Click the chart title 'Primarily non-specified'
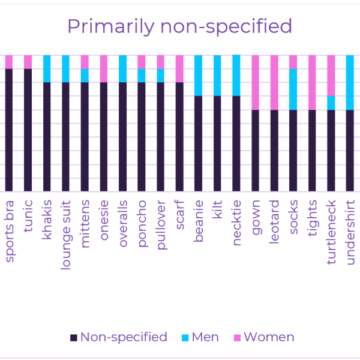pyautogui.click(x=180, y=26)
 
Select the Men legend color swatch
pyautogui.click(x=185, y=338)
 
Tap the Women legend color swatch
pyautogui.click(x=237, y=338)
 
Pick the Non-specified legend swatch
pyautogui.click(x=73, y=338)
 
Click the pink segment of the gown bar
pyautogui.click(x=256, y=82)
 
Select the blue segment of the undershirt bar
pyautogui.click(x=350, y=82)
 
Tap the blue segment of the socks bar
pyautogui.click(x=293, y=89)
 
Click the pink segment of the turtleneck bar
pyautogui.click(x=331, y=76)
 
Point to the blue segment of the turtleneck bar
pyautogui.click(x=331, y=103)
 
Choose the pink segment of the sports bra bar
pyautogui.click(x=9, y=62)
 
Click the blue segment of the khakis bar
pyautogui.click(x=47, y=68)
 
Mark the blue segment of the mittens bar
pyautogui.click(x=85, y=76)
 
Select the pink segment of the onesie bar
pyautogui.click(x=104, y=68)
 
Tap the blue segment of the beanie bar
pyautogui.click(x=199, y=76)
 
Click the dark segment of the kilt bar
pyautogui.click(x=217, y=143)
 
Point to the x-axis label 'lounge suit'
pyautogui.click(x=65, y=235)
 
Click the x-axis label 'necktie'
pyautogui.click(x=236, y=223)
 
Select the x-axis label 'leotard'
pyautogui.click(x=274, y=221)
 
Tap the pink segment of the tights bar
pyautogui.click(x=312, y=82)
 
